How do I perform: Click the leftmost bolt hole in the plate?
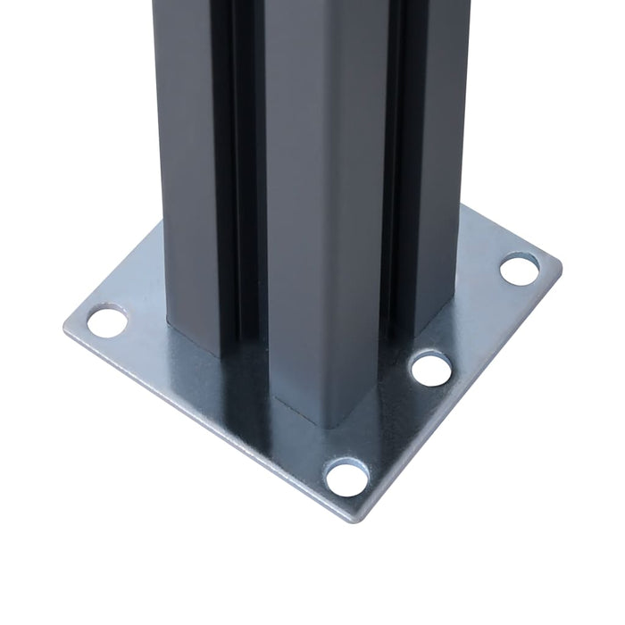pos(107,321)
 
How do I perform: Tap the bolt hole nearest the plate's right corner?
pos(519,268)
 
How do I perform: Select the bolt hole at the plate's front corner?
pos(346,478)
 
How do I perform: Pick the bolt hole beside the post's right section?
pos(431,368)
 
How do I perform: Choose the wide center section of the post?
pos(321,179)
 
